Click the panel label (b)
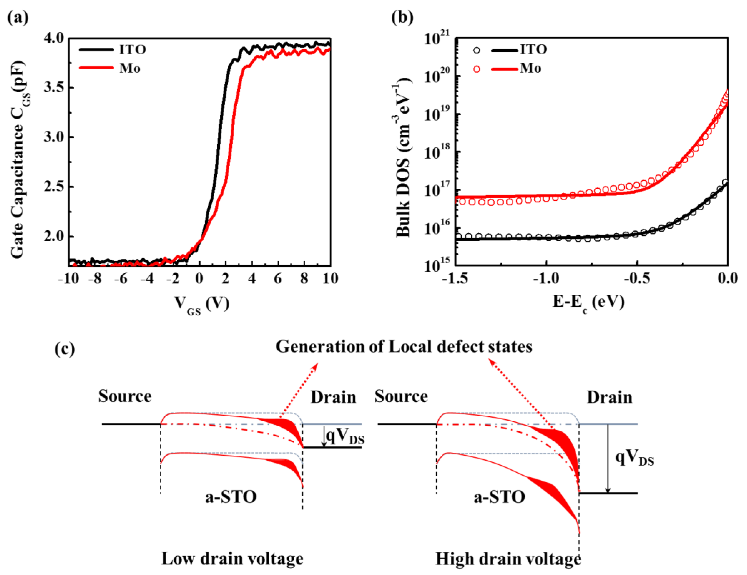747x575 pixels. [x=402, y=17]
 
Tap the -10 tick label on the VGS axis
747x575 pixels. [x=68, y=279]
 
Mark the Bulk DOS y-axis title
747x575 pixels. [x=404, y=157]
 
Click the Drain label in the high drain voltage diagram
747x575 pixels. [x=609, y=398]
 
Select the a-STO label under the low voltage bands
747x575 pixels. [x=231, y=497]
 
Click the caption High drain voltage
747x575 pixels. [x=508, y=559]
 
